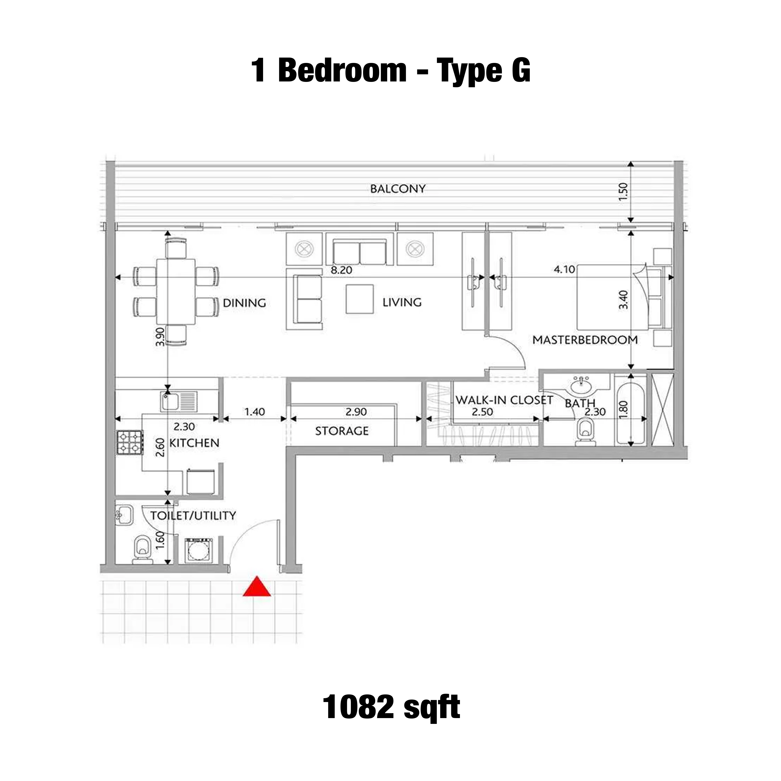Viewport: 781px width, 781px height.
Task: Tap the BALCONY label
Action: pos(398,189)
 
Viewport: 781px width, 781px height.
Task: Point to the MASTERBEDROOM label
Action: pos(585,340)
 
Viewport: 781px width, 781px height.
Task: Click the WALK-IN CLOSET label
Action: pos(504,400)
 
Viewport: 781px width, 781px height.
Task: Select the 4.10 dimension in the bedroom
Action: pos(564,269)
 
